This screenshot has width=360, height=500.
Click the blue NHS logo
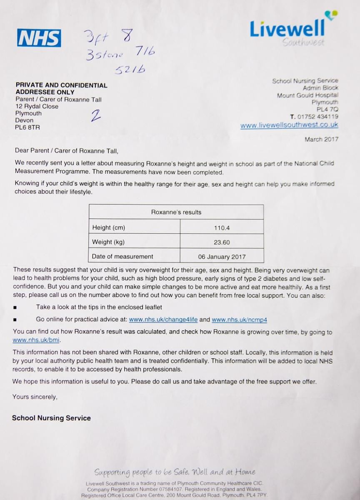39,38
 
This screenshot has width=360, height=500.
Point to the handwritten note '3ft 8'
107,38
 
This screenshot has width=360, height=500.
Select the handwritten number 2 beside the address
96,115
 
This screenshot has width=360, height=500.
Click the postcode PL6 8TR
27,127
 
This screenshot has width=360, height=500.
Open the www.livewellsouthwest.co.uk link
289,125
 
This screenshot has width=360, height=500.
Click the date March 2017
321,139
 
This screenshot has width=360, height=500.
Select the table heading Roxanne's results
176,212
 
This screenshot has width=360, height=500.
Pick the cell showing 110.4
222,227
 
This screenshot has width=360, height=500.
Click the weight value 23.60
222,242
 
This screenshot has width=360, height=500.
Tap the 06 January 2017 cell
222,257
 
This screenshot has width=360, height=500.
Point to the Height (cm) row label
108,227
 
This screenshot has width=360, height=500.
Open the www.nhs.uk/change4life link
163,320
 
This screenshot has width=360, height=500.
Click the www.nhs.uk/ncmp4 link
239,320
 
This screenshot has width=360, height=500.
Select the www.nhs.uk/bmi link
36,340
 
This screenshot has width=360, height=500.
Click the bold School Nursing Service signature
51,418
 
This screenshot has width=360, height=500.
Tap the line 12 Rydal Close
37,106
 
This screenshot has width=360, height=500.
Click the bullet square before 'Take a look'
15,307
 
